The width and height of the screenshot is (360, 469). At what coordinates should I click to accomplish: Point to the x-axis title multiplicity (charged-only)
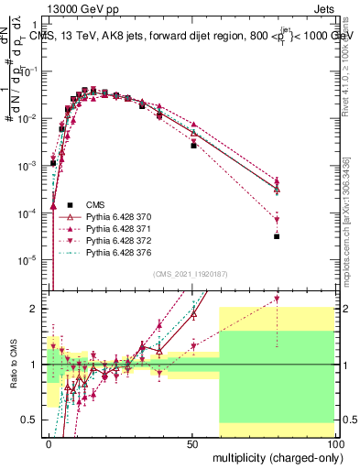pyautogui.click(x=275, y=455)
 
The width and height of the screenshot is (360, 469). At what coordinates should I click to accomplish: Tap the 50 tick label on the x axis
pyautogui.click(x=191, y=442)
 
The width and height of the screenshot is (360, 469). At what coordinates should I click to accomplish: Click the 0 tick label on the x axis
pyautogui.click(x=49, y=442)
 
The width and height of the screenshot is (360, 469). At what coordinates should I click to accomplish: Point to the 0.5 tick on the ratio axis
pyautogui.click(x=29, y=420)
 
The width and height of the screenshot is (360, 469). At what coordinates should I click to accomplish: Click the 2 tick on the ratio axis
pyautogui.click(x=34, y=309)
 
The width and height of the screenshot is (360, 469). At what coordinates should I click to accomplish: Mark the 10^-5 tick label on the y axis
pyautogui.click(x=27, y=259)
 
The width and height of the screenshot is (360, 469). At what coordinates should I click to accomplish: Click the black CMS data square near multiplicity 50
pyautogui.click(x=193, y=146)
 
